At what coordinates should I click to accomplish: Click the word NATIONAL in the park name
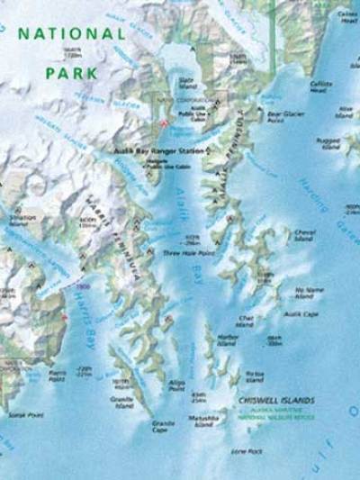pos(72,33)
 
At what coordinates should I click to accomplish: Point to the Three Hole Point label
pos(181,254)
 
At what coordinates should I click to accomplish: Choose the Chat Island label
pos(245,320)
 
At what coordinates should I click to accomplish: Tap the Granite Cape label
pos(159,427)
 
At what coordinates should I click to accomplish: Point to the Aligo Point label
pos(176,385)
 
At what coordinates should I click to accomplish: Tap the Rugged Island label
pos(328,143)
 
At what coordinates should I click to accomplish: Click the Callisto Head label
pos(321,85)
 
